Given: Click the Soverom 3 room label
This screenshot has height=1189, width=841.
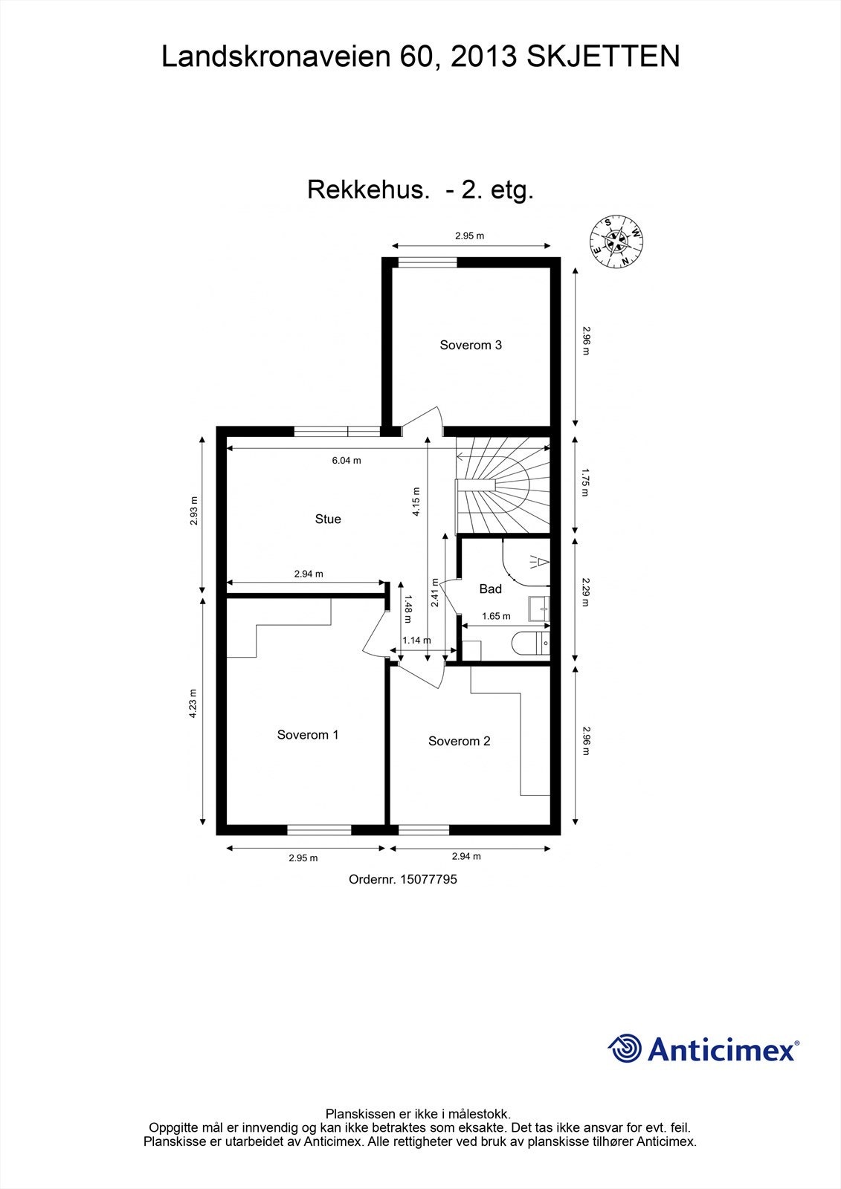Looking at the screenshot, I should [x=471, y=345].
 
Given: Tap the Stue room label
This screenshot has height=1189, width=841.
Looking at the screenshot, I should [x=328, y=519].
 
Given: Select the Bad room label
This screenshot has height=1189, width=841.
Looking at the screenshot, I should [x=490, y=589].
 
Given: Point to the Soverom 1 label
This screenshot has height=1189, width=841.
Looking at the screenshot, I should [x=308, y=735].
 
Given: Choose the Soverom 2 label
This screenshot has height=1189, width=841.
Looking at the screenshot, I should [x=459, y=741].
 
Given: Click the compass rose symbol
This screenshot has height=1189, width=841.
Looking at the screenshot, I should [x=616, y=241].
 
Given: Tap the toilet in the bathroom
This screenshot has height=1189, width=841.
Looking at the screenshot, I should [x=532, y=643].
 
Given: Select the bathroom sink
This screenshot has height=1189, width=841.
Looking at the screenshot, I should [x=539, y=609].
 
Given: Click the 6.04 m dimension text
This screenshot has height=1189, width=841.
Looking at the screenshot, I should [x=347, y=461].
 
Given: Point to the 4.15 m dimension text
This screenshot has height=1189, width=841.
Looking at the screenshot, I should [x=416, y=502].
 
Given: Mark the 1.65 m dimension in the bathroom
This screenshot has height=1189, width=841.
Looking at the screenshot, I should [x=496, y=616].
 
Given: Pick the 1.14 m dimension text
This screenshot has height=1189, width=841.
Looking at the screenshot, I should [x=416, y=641].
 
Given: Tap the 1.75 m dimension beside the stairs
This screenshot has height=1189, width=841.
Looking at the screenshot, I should [x=585, y=482].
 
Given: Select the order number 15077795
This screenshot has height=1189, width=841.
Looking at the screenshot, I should [x=403, y=879].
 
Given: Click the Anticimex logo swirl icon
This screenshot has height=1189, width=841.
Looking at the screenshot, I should [x=625, y=1049].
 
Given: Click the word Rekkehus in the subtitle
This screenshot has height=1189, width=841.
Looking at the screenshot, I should [x=369, y=190].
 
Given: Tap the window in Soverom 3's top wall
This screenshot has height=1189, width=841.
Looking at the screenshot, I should [x=428, y=262].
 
